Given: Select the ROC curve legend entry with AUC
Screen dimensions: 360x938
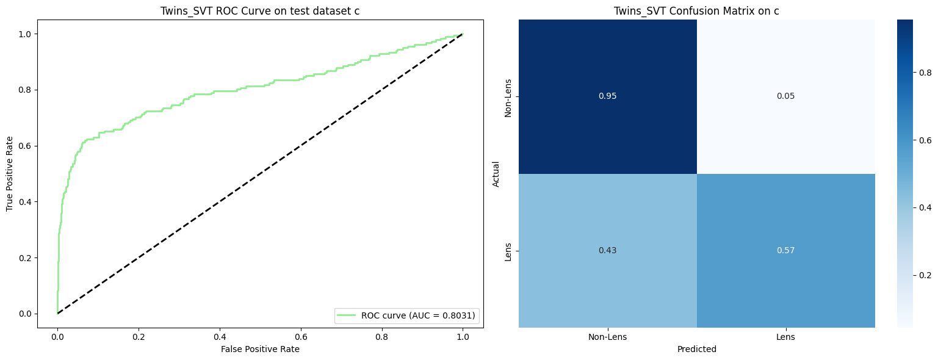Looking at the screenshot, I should pyautogui.click(x=406, y=315).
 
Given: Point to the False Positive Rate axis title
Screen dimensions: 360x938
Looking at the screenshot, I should pyautogui.click(x=260, y=349).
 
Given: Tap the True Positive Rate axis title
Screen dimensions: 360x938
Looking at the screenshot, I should pyautogui.click(x=10, y=173).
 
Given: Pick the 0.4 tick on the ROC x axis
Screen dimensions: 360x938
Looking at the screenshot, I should pyautogui.click(x=220, y=336).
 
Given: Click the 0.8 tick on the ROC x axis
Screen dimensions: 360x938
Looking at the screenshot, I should pyautogui.click(x=381, y=336).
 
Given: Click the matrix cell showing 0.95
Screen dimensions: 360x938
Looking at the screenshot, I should pyautogui.click(x=607, y=96).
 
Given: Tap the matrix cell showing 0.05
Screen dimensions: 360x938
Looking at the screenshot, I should pyautogui.click(x=785, y=96).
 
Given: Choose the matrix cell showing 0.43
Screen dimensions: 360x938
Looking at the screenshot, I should pyautogui.click(x=607, y=251).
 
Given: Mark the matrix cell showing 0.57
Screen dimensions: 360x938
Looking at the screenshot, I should pyautogui.click(x=785, y=251).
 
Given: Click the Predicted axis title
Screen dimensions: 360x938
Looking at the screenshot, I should pyautogui.click(x=696, y=350).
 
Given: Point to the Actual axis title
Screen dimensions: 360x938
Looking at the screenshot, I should pyautogui.click(x=496, y=173).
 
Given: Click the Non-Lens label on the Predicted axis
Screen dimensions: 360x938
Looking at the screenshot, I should pyautogui.click(x=607, y=336).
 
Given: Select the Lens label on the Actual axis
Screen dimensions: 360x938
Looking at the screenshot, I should pyautogui.click(x=508, y=251).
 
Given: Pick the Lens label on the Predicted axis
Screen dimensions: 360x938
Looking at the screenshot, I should pyautogui.click(x=785, y=336).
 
